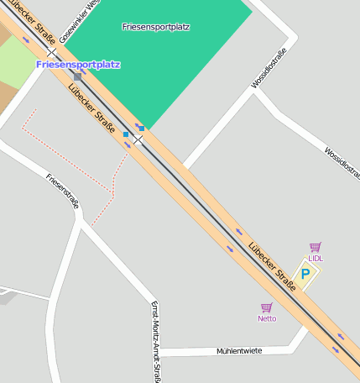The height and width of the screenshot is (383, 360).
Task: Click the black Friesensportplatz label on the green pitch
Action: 155,27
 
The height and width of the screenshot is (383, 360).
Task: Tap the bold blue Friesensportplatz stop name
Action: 78,64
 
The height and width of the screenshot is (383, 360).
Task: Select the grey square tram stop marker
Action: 77,76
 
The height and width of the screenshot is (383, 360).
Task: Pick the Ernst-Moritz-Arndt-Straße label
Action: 155,341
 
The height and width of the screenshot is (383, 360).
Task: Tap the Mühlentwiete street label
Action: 239,350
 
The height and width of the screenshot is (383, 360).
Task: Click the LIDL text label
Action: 316,259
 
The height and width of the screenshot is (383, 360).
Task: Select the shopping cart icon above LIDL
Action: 316,247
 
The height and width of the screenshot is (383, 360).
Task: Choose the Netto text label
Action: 267,318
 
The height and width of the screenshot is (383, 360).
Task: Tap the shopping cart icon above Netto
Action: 267,307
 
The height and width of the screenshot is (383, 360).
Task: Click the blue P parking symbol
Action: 306,274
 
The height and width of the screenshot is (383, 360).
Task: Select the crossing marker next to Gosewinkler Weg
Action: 51,52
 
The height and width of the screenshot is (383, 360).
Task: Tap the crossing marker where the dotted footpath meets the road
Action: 137,139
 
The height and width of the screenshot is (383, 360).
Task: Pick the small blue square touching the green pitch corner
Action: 140,128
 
